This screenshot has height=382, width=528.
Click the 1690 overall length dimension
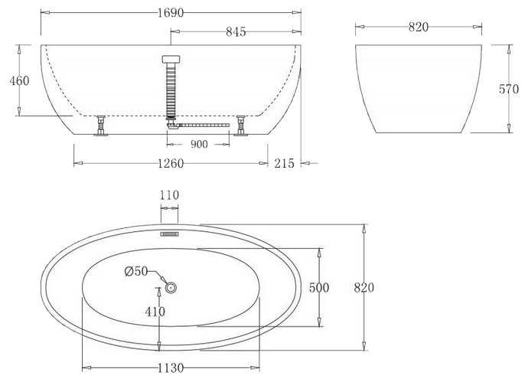171,13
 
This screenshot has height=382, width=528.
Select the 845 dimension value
236,31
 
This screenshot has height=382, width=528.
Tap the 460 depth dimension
20,80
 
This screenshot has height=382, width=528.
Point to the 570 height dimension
509,89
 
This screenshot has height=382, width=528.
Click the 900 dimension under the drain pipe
199,144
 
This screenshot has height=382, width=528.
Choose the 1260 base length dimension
171,163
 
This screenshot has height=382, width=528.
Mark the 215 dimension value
284,163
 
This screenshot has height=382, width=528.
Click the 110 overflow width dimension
169,195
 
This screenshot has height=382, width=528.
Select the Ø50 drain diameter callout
136,271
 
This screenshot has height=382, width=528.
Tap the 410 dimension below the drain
155,312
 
